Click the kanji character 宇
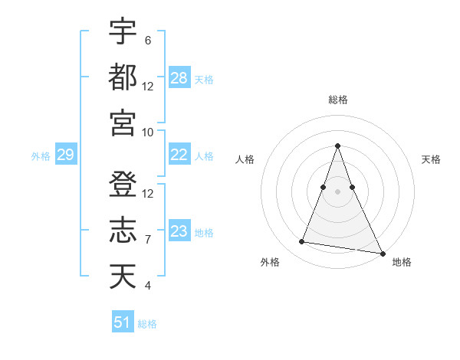tap(123, 31)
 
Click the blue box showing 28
tap(179, 78)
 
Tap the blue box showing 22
tap(179, 155)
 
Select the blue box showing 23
tap(179, 231)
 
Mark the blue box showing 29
tap(65, 155)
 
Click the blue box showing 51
tap(123, 322)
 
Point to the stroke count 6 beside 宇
tap(147, 40)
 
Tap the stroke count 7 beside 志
tap(147, 240)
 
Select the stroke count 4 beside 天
tap(147, 286)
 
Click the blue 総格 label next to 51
tap(147, 324)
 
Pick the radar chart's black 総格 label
tap(338, 100)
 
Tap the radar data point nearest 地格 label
tap(382, 253)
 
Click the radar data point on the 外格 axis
tap(302, 242)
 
